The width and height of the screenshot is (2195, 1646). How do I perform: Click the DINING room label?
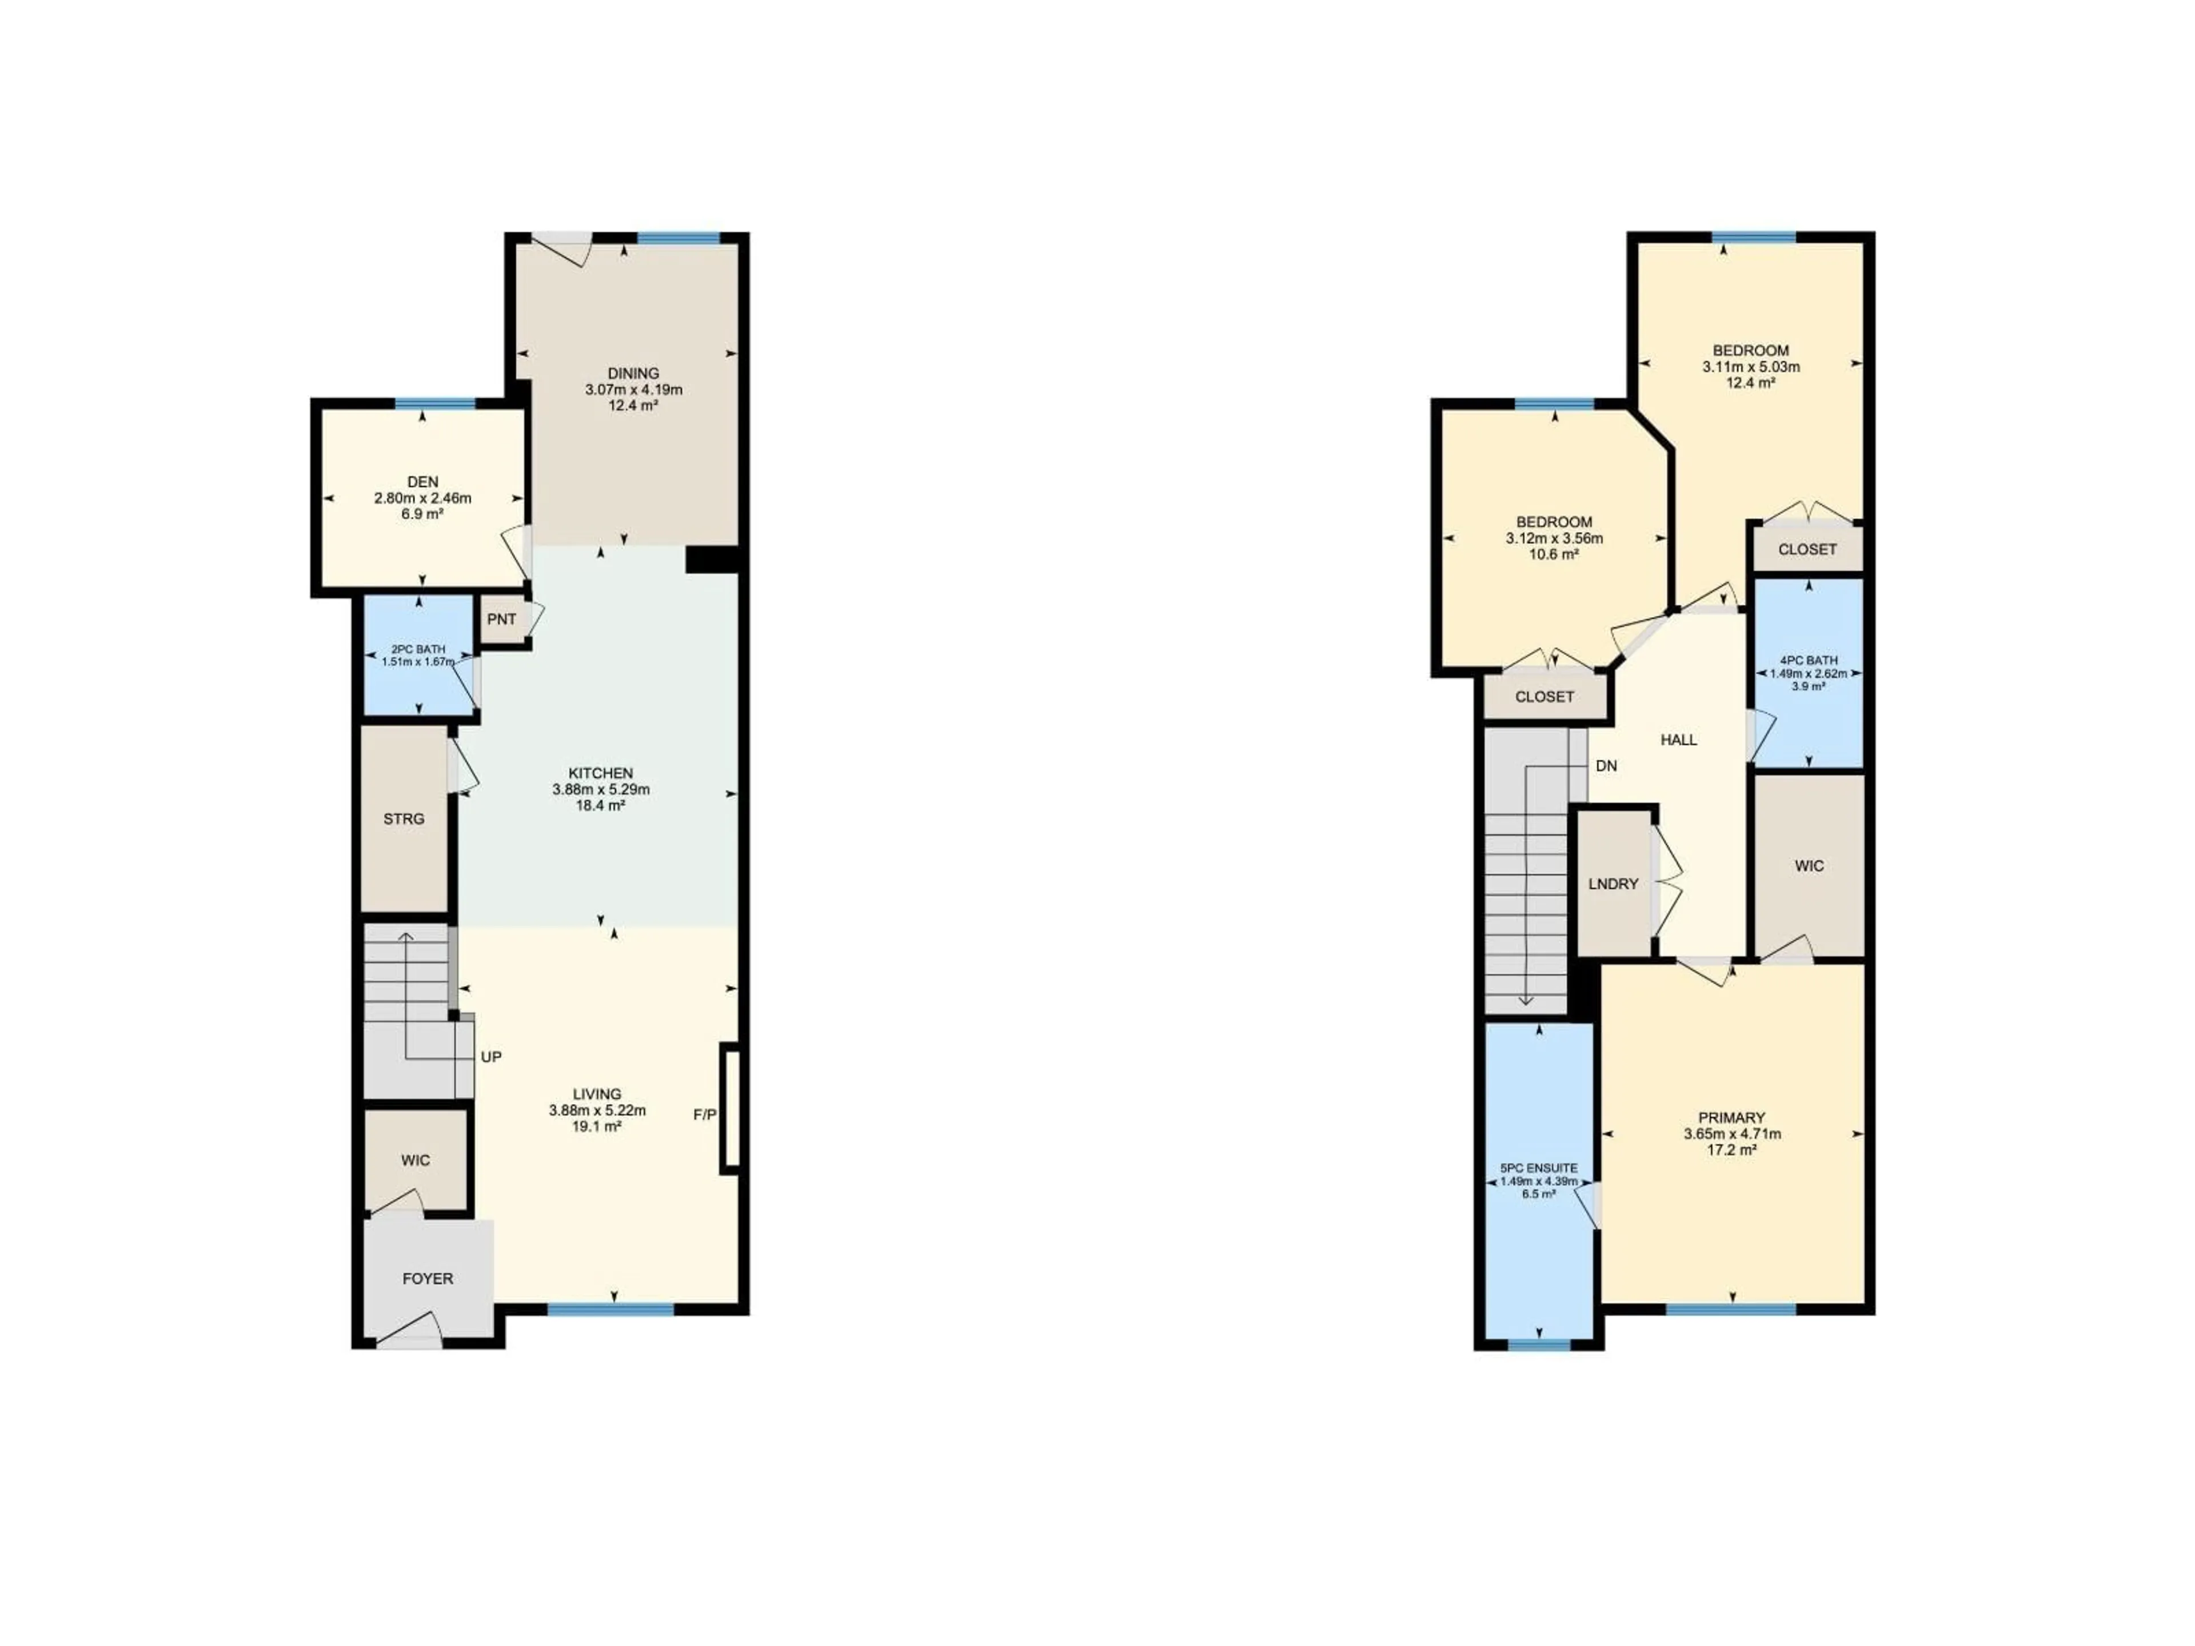click(x=633, y=373)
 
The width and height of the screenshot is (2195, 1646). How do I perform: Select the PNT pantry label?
click(x=501, y=619)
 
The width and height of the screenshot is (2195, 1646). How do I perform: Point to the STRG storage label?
click(x=404, y=818)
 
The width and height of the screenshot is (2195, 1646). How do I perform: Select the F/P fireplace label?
click(x=704, y=1115)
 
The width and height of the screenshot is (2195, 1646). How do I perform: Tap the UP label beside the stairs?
click(x=490, y=1057)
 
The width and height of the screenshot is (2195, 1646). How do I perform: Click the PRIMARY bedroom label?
click(x=1731, y=1117)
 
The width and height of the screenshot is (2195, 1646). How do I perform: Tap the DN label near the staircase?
click(x=1606, y=766)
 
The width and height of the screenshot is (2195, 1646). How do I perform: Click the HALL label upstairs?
click(x=1678, y=739)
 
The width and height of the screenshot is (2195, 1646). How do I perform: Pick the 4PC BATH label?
click(x=1808, y=660)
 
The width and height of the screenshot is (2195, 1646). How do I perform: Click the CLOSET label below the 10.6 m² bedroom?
click(x=1544, y=697)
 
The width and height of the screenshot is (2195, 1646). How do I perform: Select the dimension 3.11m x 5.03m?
click(x=1750, y=366)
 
